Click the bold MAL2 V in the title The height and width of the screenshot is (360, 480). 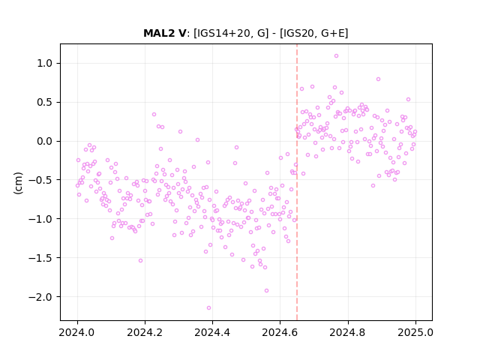click(x=164, y=33)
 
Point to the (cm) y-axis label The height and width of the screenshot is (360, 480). click(x=18, y=183)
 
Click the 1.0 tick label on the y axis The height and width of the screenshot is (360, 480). click(x=45, y=63)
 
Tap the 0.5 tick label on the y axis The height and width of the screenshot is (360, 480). click(x=45, y=102)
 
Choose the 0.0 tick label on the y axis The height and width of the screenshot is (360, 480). click(x=45, y=141)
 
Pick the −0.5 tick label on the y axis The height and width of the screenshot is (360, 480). click(x=41, y=180)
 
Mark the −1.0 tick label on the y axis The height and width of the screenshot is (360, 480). click(x=41, y=219)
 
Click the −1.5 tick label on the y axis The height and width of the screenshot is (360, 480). click(x=41, y=258)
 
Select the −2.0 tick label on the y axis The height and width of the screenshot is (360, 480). click(x=41, y=297)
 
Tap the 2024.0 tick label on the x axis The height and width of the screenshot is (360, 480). click(x=77, y=332)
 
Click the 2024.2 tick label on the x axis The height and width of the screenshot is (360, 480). click(x=145, y=332)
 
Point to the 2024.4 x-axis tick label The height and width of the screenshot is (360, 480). click(x=212, y=332)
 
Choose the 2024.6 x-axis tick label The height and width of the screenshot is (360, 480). click(x=280, y=332)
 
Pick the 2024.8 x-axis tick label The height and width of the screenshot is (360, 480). click(x=348, y=332)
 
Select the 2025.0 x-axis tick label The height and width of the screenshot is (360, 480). click(x=415, y=332)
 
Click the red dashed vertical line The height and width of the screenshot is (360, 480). click(x=297, y=182)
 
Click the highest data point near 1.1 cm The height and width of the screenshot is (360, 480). click(x=336, y=55)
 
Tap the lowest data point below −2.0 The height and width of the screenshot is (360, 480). click(x=208, y=307)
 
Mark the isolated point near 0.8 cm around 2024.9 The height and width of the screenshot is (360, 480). click(x=378, y=79)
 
